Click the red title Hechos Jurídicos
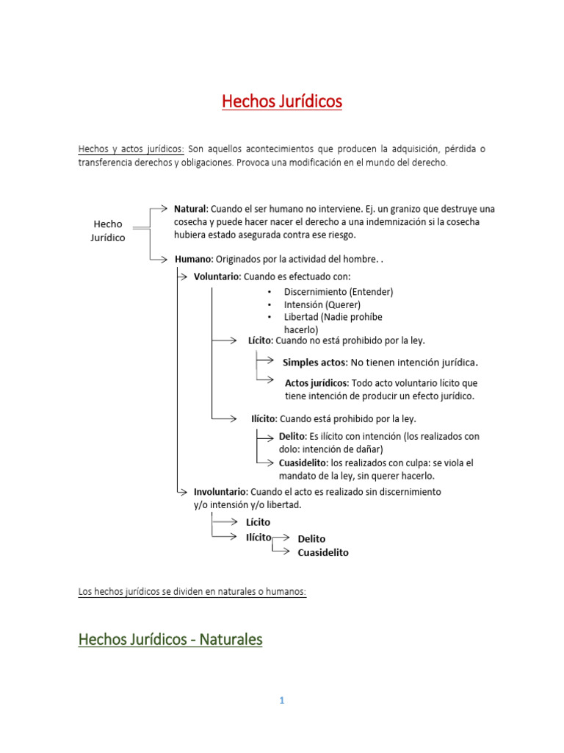tap(282, 101)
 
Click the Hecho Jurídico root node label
tap(108, 231)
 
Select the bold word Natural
tap(191, 209)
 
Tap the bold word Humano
tap(193, 259)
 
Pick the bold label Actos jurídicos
tap(317, 383)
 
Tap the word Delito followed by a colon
tap(292, 436)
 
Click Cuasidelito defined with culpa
tap(303, 463)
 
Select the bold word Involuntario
tap(220, 491)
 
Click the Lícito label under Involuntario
tap(258, 522)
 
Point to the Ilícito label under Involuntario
tap(258, 538)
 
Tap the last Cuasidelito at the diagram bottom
tap(323, 553)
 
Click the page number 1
tap(281, 701)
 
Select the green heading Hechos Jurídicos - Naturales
tap(170, 640)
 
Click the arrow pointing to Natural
tap(162, 208)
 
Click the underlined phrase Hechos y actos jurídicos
tap(131, 149)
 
